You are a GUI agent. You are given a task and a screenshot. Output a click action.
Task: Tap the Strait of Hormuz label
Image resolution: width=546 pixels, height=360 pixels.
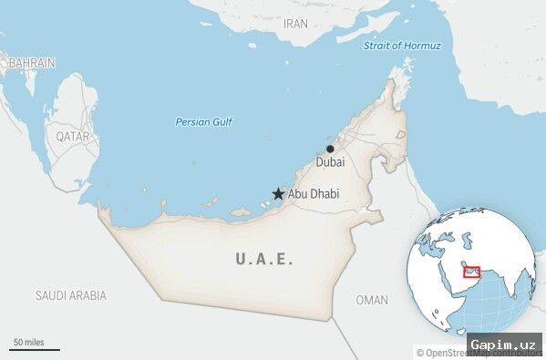point(402,46)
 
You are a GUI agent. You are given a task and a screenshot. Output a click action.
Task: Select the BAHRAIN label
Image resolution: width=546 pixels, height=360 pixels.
point(32,63)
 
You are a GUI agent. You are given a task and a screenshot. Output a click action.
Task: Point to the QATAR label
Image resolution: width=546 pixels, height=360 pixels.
point(73,136)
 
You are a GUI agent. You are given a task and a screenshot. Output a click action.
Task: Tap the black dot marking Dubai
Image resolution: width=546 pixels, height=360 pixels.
point(330,149)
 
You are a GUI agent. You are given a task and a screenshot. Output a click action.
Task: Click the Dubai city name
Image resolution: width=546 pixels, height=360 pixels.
point(330,162)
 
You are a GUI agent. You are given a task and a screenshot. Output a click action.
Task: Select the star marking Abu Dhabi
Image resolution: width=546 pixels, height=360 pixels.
point(278,194)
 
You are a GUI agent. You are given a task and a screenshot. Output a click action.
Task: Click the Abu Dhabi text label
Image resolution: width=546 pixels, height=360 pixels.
point(313,194)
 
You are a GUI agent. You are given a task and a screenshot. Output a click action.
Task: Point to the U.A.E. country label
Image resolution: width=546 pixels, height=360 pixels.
point(264,259)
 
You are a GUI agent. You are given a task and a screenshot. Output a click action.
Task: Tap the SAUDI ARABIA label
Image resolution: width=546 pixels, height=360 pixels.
point(70,295)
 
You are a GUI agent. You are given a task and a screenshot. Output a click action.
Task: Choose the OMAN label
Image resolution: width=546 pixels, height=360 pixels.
point(372,300)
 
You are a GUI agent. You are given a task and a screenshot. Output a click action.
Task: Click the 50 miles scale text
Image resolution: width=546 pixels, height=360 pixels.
point(27,342)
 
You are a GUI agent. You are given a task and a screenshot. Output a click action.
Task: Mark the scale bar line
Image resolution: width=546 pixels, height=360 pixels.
point(35,349)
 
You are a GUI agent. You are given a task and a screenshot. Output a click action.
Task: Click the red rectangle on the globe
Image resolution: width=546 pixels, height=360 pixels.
point(471,272)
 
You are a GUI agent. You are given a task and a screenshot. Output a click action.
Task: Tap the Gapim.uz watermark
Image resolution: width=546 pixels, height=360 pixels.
point(504,345)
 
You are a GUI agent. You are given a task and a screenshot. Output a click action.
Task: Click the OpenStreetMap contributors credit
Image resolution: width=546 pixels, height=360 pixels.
point(441,353)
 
